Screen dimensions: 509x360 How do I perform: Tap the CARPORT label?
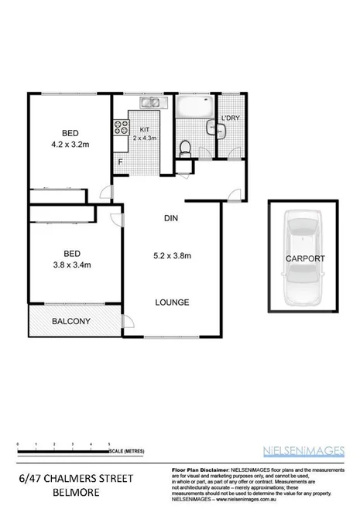point(303,259)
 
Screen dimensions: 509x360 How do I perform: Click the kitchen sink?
point(149,102)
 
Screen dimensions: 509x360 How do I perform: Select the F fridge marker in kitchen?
point(120,162)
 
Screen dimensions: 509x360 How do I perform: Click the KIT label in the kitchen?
point(145,130)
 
